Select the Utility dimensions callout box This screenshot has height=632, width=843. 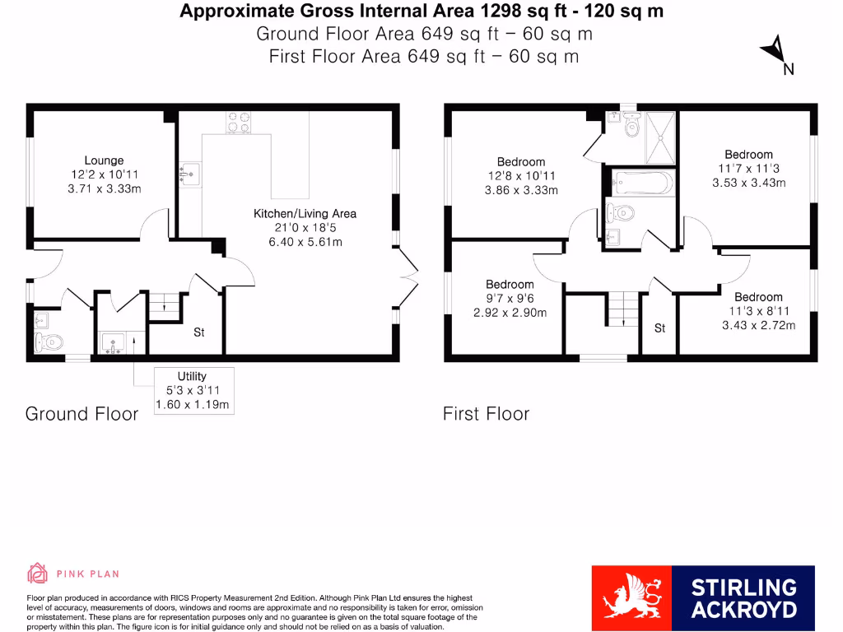(x=193, y=390)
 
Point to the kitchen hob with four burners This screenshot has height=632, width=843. (x=239, y=122)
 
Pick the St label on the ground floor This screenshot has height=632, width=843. (x=198, y=332)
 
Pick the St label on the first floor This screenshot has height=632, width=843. (x=659, y=328)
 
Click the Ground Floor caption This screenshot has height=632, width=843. (x=82, y=413)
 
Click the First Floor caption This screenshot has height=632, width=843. (x=486, y=413)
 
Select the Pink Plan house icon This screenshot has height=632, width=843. (x=38, y=573)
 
